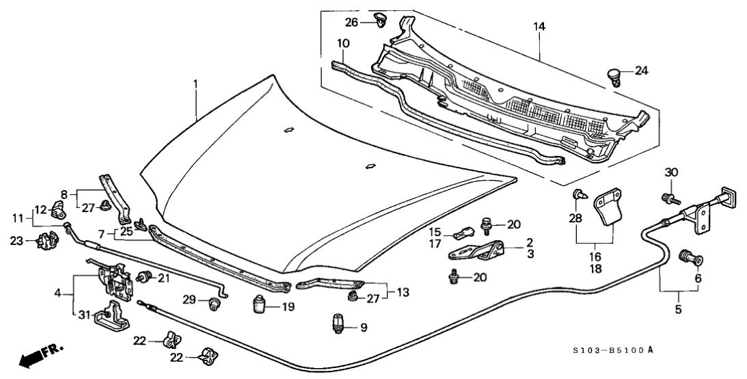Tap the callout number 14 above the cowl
pyautogui.click(x=539, y=26)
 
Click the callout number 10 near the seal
pyautogui.click(x=343, y=42)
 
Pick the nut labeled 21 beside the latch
pyautogui.click(x=143, y=277)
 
